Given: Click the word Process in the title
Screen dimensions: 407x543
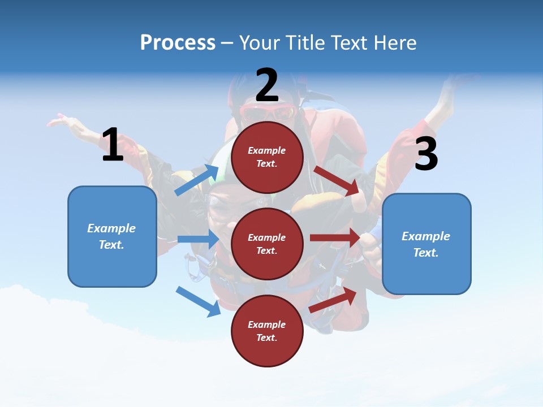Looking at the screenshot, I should coord(178,43).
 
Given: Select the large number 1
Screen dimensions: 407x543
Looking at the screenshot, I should coord(113,145).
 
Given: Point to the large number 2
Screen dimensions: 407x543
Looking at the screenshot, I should coord(267,85).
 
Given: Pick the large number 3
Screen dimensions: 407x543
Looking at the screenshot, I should coord(426,154).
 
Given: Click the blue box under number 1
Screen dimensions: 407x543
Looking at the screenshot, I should coord(112,236).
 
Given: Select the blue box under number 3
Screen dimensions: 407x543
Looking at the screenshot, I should coord(426,244).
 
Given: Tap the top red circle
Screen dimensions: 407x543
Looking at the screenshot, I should coord(267,157).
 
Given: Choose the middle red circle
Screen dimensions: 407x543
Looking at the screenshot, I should coord(267,244).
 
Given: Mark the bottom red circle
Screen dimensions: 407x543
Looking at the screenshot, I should coord(267,331).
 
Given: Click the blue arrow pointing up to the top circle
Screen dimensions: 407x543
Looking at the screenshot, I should coord(197,180).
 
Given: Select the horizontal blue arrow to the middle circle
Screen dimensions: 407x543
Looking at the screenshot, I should coord(198,239).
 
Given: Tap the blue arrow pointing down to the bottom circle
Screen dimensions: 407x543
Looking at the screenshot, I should coord(199,301).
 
